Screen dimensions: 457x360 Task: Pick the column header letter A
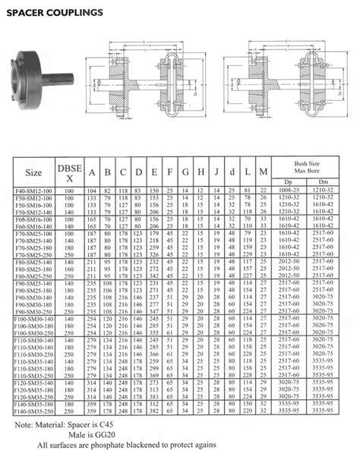91,172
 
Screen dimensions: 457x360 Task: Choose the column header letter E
155,172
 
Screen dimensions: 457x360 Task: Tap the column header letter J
216,172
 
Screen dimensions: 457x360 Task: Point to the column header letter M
264,172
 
